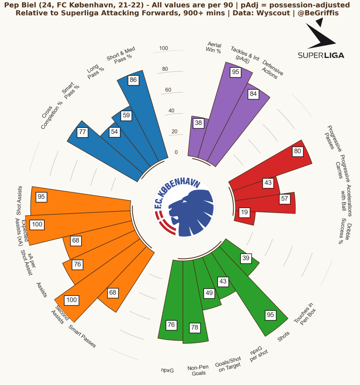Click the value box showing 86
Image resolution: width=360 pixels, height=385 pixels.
(x=133, y=80)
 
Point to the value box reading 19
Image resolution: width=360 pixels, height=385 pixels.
(x=245, y=212)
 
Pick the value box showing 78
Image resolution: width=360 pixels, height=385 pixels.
(x=195, y=327)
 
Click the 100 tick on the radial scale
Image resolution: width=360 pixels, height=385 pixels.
(x=163, y=48)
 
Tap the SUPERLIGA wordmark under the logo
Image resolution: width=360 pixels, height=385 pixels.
(x=321, y=55)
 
